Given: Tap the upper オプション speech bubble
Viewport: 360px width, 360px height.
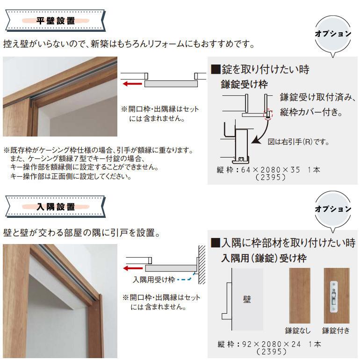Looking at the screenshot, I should [332, 35].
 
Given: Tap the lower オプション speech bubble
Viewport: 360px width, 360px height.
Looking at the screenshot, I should [332, 209].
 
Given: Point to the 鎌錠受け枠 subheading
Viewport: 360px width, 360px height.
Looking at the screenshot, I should [244, 85].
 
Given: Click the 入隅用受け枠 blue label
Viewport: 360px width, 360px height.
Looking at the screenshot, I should [154, 280].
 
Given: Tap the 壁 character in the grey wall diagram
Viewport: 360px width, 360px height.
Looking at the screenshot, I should [247, 299].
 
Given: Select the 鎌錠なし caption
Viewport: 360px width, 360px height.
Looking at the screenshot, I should [298, 331].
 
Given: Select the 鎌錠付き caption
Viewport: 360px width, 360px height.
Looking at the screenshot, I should [336, 331].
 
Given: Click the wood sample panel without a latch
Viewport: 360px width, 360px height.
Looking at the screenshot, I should [300, 295].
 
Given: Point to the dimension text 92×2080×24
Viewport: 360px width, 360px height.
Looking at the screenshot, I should [271, 345].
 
